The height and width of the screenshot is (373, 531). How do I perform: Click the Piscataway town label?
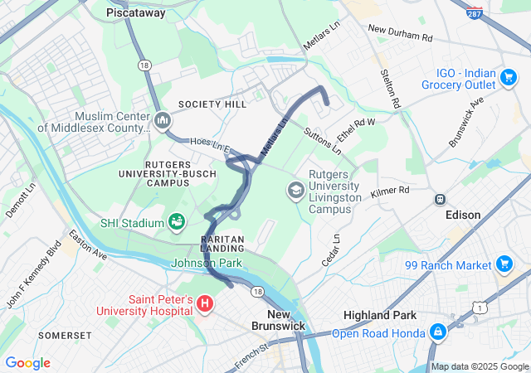tap(136, 13)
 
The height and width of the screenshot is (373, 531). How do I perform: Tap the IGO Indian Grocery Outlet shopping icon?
tap(508, 78)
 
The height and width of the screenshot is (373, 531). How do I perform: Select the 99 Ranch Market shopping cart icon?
tap(504, 264)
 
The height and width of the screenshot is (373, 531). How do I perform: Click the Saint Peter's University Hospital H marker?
tap(205, 303)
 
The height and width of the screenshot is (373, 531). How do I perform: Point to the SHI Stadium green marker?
tap(176, 221)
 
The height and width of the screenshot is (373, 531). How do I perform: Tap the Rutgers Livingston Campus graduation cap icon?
tap(295, 191)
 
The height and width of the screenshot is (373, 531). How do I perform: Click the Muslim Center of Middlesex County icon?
tap(162, 121)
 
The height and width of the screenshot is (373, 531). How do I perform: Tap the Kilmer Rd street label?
tap(390, 191)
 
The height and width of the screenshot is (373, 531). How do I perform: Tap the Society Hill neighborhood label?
tap(212, 104)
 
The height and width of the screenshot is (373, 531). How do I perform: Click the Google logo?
tap(27, 363)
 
